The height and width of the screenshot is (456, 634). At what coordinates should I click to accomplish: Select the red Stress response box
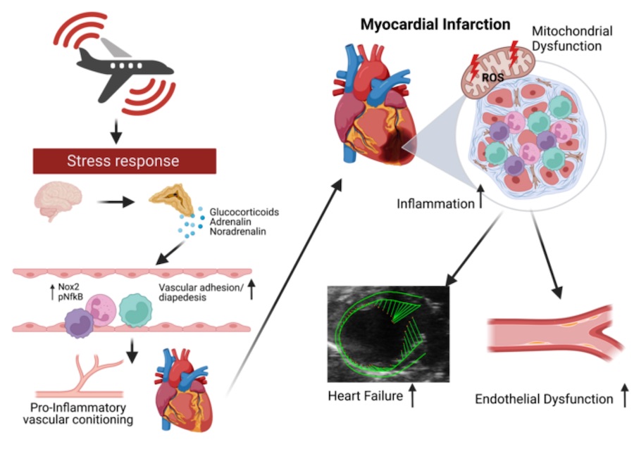pyautogui.click(x=123, y=161)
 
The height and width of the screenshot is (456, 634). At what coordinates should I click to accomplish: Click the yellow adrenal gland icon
pyautogui.click(x=172, y=201)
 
